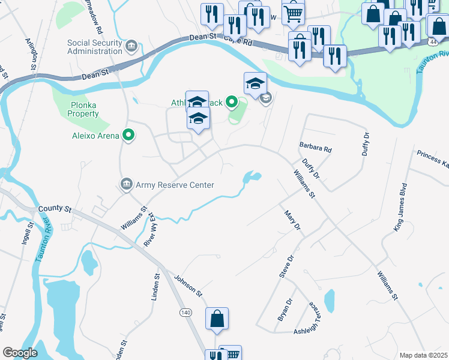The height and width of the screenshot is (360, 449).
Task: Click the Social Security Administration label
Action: point(95,47)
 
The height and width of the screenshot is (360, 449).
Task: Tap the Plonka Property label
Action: point(83,109)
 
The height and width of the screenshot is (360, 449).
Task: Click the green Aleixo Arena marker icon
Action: point(128,136)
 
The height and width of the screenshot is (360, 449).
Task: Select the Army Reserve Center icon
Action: point(127,183)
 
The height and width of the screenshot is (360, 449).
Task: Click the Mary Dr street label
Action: point(292,220)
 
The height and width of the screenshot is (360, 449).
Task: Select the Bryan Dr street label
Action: point(285,310)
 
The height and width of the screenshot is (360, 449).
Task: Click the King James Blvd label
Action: point(401,207)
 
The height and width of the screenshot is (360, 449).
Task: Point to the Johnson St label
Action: point(188,284)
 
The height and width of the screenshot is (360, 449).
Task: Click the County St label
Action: point(55,209)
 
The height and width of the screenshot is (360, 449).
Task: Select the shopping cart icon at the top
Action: point(293,13)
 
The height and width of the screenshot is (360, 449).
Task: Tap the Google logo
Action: point(20,353)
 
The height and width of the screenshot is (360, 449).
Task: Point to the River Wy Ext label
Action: point(150,230)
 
